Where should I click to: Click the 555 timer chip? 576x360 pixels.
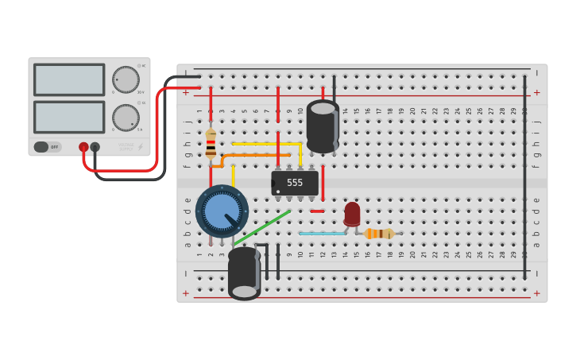pos(295,183)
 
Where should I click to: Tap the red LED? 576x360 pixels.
pos(352,213)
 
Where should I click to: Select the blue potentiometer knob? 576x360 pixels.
pos(222,211)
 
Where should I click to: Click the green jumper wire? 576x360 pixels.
pos(262,226)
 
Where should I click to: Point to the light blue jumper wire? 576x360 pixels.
pos(322,233)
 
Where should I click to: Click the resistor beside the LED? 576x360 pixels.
pos(379,233)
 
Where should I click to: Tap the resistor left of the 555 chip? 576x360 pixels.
pos(211,143)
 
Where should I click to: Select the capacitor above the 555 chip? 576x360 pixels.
pos(323,126)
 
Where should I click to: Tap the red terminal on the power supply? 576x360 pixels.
pos(83,147)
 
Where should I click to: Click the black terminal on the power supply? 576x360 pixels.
pos(95,147)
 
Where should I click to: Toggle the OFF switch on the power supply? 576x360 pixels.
pos(47,147)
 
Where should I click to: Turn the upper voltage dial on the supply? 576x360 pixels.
pos(126,79)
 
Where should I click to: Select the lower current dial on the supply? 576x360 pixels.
pos(126,118)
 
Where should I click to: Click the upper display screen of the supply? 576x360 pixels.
pos(69,79)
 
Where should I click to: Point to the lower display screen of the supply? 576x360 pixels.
pos(69,117)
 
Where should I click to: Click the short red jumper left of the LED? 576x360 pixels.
pos(317,211)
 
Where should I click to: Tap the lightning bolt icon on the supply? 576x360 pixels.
pos(141,146)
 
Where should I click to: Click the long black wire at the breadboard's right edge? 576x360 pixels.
pos(524,175)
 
